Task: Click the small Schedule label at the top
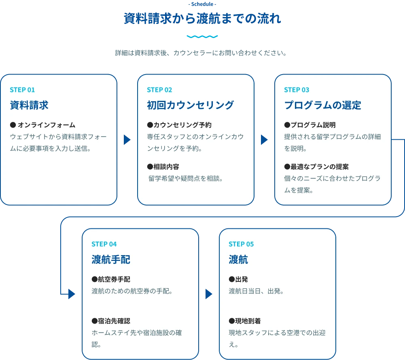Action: tap(202, 4)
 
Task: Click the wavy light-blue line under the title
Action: tap(202, 37)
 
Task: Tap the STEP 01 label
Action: tap(22, 90)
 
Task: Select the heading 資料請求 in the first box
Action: tap(29, 105)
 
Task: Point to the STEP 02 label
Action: tap(159, 90)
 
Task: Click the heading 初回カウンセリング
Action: tap(190, 105)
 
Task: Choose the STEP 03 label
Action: tap(297, 90)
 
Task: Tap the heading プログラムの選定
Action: tap(322, 105)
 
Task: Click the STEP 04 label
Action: tap(104, 244)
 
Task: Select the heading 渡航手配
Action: tap(111, 260)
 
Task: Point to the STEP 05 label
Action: tap(241, 244)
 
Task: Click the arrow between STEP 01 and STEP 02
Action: tap(127, 140)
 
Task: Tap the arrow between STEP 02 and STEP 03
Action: tap(264, 140)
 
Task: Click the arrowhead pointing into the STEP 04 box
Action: tap(72, 294)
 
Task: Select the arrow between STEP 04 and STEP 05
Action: tap(209, 294)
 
